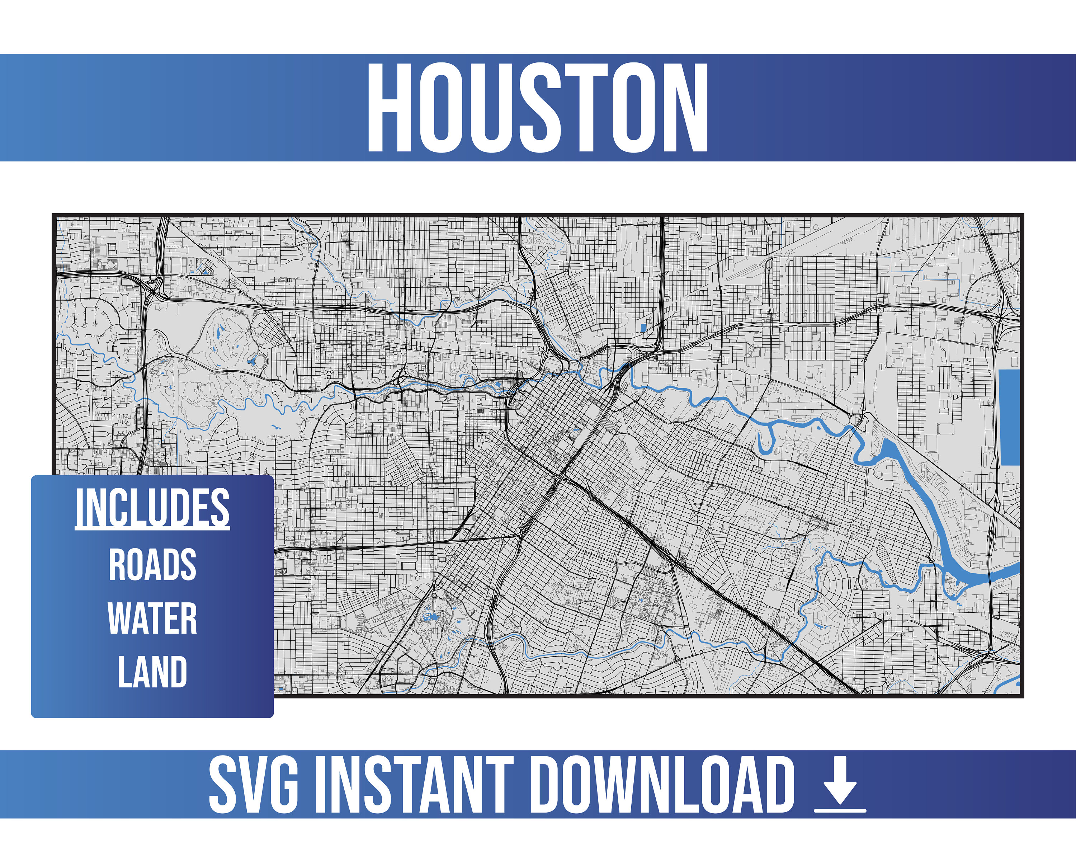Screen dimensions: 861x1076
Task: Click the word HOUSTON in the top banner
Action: coord(538,107)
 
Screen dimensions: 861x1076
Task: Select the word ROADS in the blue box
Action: coord(152,565)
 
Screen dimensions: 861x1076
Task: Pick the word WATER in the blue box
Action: coord(152,618)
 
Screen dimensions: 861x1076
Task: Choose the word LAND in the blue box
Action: coord(152,672)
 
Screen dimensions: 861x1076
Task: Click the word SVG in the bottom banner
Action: coord(254,784)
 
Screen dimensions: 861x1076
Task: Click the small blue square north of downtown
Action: coord(643,328)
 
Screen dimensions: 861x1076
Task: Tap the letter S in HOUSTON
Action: coord(538,107)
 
